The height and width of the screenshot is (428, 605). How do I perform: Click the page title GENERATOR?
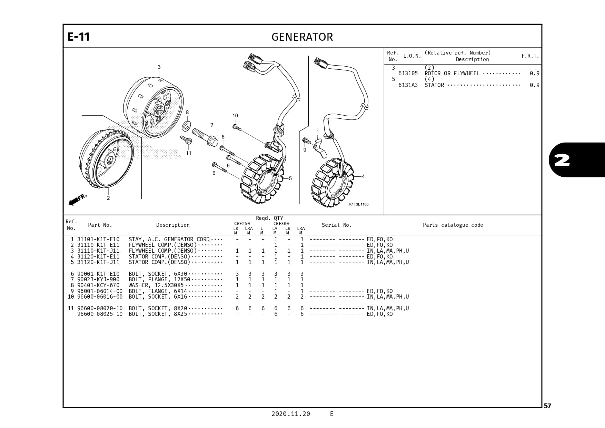tap(302, 37)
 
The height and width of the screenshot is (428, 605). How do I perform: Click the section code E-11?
tap(79, 37)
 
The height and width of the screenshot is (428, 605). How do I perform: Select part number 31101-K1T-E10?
tap(98, 239)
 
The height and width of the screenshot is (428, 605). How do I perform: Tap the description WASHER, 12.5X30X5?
tap(156, 285)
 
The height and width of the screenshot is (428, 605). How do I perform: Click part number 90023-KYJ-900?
tap(98, 279)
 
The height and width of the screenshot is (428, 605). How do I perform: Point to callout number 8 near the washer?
tap(187, 112)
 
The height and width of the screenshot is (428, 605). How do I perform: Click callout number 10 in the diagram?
tap(235, 116)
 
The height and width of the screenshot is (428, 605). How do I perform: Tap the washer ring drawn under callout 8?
tap(187, 126)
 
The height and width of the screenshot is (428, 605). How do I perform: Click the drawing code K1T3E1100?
tap(359, 204)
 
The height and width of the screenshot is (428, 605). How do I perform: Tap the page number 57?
tap(547, 406)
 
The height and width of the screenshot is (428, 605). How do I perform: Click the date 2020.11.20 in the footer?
tap(290, 414)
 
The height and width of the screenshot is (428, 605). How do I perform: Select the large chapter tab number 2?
tap(562, 160)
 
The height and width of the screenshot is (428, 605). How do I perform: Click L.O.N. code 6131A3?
tap(408, 85)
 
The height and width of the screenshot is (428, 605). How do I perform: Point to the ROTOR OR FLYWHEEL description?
tap(452, 73)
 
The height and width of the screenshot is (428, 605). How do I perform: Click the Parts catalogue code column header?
tap(453, 225)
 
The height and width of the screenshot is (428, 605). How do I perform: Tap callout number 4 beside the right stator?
tap(363, 176)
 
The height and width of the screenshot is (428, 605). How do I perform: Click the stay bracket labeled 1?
tap(321, 148)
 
